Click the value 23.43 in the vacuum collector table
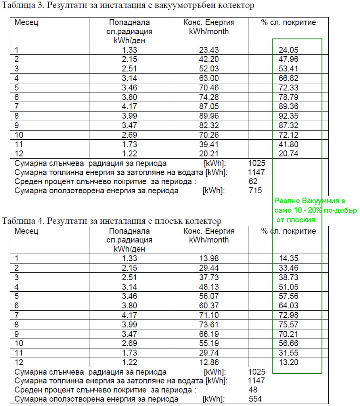click(x=209, y=50)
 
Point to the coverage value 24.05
click(x=289, y=50)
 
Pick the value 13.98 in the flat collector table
click(x=209, y=258)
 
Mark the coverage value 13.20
click(x=289, y=362)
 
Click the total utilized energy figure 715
click(x=255, y=191)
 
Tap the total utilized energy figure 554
click(x=255, y=399)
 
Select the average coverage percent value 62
click(x=253, y=181)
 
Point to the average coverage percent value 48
click(x=253, y=390)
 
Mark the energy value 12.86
click(x=209, y=362)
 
